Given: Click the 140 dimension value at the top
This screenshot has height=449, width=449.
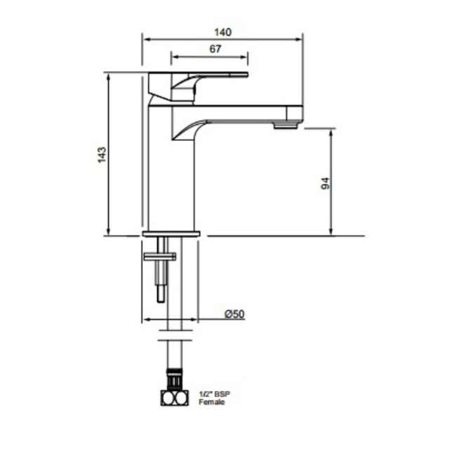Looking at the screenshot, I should click(x=222, y=31).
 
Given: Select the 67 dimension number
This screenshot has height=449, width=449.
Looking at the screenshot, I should click(x=215, y=48).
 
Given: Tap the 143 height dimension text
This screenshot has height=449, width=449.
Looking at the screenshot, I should click(x=102, y=155).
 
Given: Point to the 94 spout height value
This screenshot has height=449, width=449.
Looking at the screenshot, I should click(x=324, y=183).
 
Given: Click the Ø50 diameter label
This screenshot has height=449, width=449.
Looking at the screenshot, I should click(x=234, y=314).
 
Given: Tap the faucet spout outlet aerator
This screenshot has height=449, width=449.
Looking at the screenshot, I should click(x=286, y=125).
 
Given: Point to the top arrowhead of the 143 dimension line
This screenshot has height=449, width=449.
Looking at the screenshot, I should click(x=108, y=74).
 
